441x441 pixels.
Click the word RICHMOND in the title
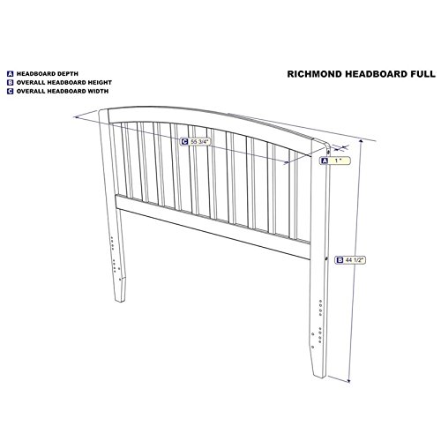pyautogui.click(x=315, y=74)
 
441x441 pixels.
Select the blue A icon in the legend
pyautogui.click(x=11, y=74)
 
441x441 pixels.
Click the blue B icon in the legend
pyautogui.click(x=11, y=83)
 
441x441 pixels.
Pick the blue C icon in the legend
pyautogui.click(x=11, y=91)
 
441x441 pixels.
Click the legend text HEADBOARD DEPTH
pyautogui.click(x=48, y=74)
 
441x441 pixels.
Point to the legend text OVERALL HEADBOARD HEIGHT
pyautogui.click(x=64, y=83)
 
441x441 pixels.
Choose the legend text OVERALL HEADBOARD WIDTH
pyautogui.click(x=63, y=91)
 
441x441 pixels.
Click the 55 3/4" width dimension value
pyautogui.click(x=199, y=142)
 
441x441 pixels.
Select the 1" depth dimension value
pyautogui.click(x=338, y=161)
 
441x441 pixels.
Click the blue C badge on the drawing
pyautogui.click(x=184, y=142)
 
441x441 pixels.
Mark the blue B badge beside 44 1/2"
pyautogui.click(x=340, y=260)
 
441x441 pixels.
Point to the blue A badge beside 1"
pyautogui.click(x=325, y=161)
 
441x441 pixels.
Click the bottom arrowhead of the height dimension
pyautogui.click(x=349, y=381)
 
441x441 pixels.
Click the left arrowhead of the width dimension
pyautogui.click(x=76, y=117)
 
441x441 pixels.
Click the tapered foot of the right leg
pyautogui.click(x=318, y=363)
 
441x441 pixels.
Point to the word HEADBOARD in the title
pyautogui.click(x=377, y=74)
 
